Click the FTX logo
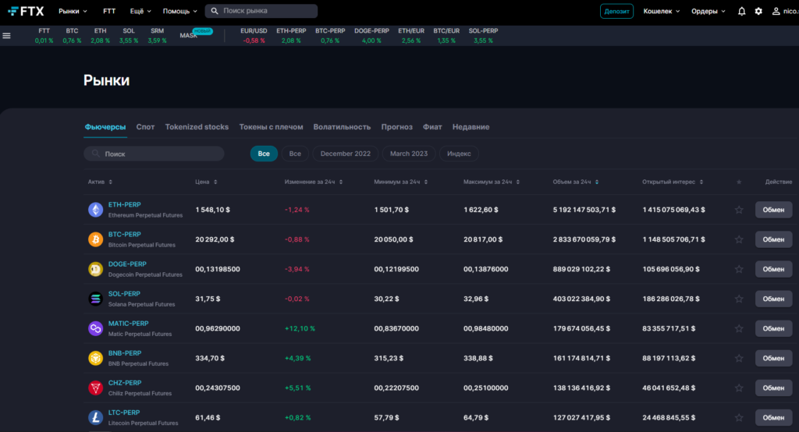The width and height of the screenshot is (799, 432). (26, 11)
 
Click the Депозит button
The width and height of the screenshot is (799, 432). (616, 11)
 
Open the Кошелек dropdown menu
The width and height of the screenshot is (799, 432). (661, 11)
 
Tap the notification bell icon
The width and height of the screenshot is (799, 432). (741, 11)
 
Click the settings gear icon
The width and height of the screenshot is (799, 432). (758, 11)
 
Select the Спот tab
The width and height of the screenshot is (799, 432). (145, 126)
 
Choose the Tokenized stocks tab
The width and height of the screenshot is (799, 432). (197, 126)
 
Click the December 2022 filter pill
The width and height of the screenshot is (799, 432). (345, 154)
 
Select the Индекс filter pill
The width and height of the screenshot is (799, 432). (459, 154)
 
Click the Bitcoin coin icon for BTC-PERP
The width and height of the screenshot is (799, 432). (95, 239)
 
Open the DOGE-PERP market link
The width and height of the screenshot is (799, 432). (127, 264)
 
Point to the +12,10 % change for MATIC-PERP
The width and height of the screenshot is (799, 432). (300, 328)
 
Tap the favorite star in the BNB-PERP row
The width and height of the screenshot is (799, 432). (739, 358)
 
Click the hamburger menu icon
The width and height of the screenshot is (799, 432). (7, 35)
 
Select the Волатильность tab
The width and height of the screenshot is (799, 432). (342, 126)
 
